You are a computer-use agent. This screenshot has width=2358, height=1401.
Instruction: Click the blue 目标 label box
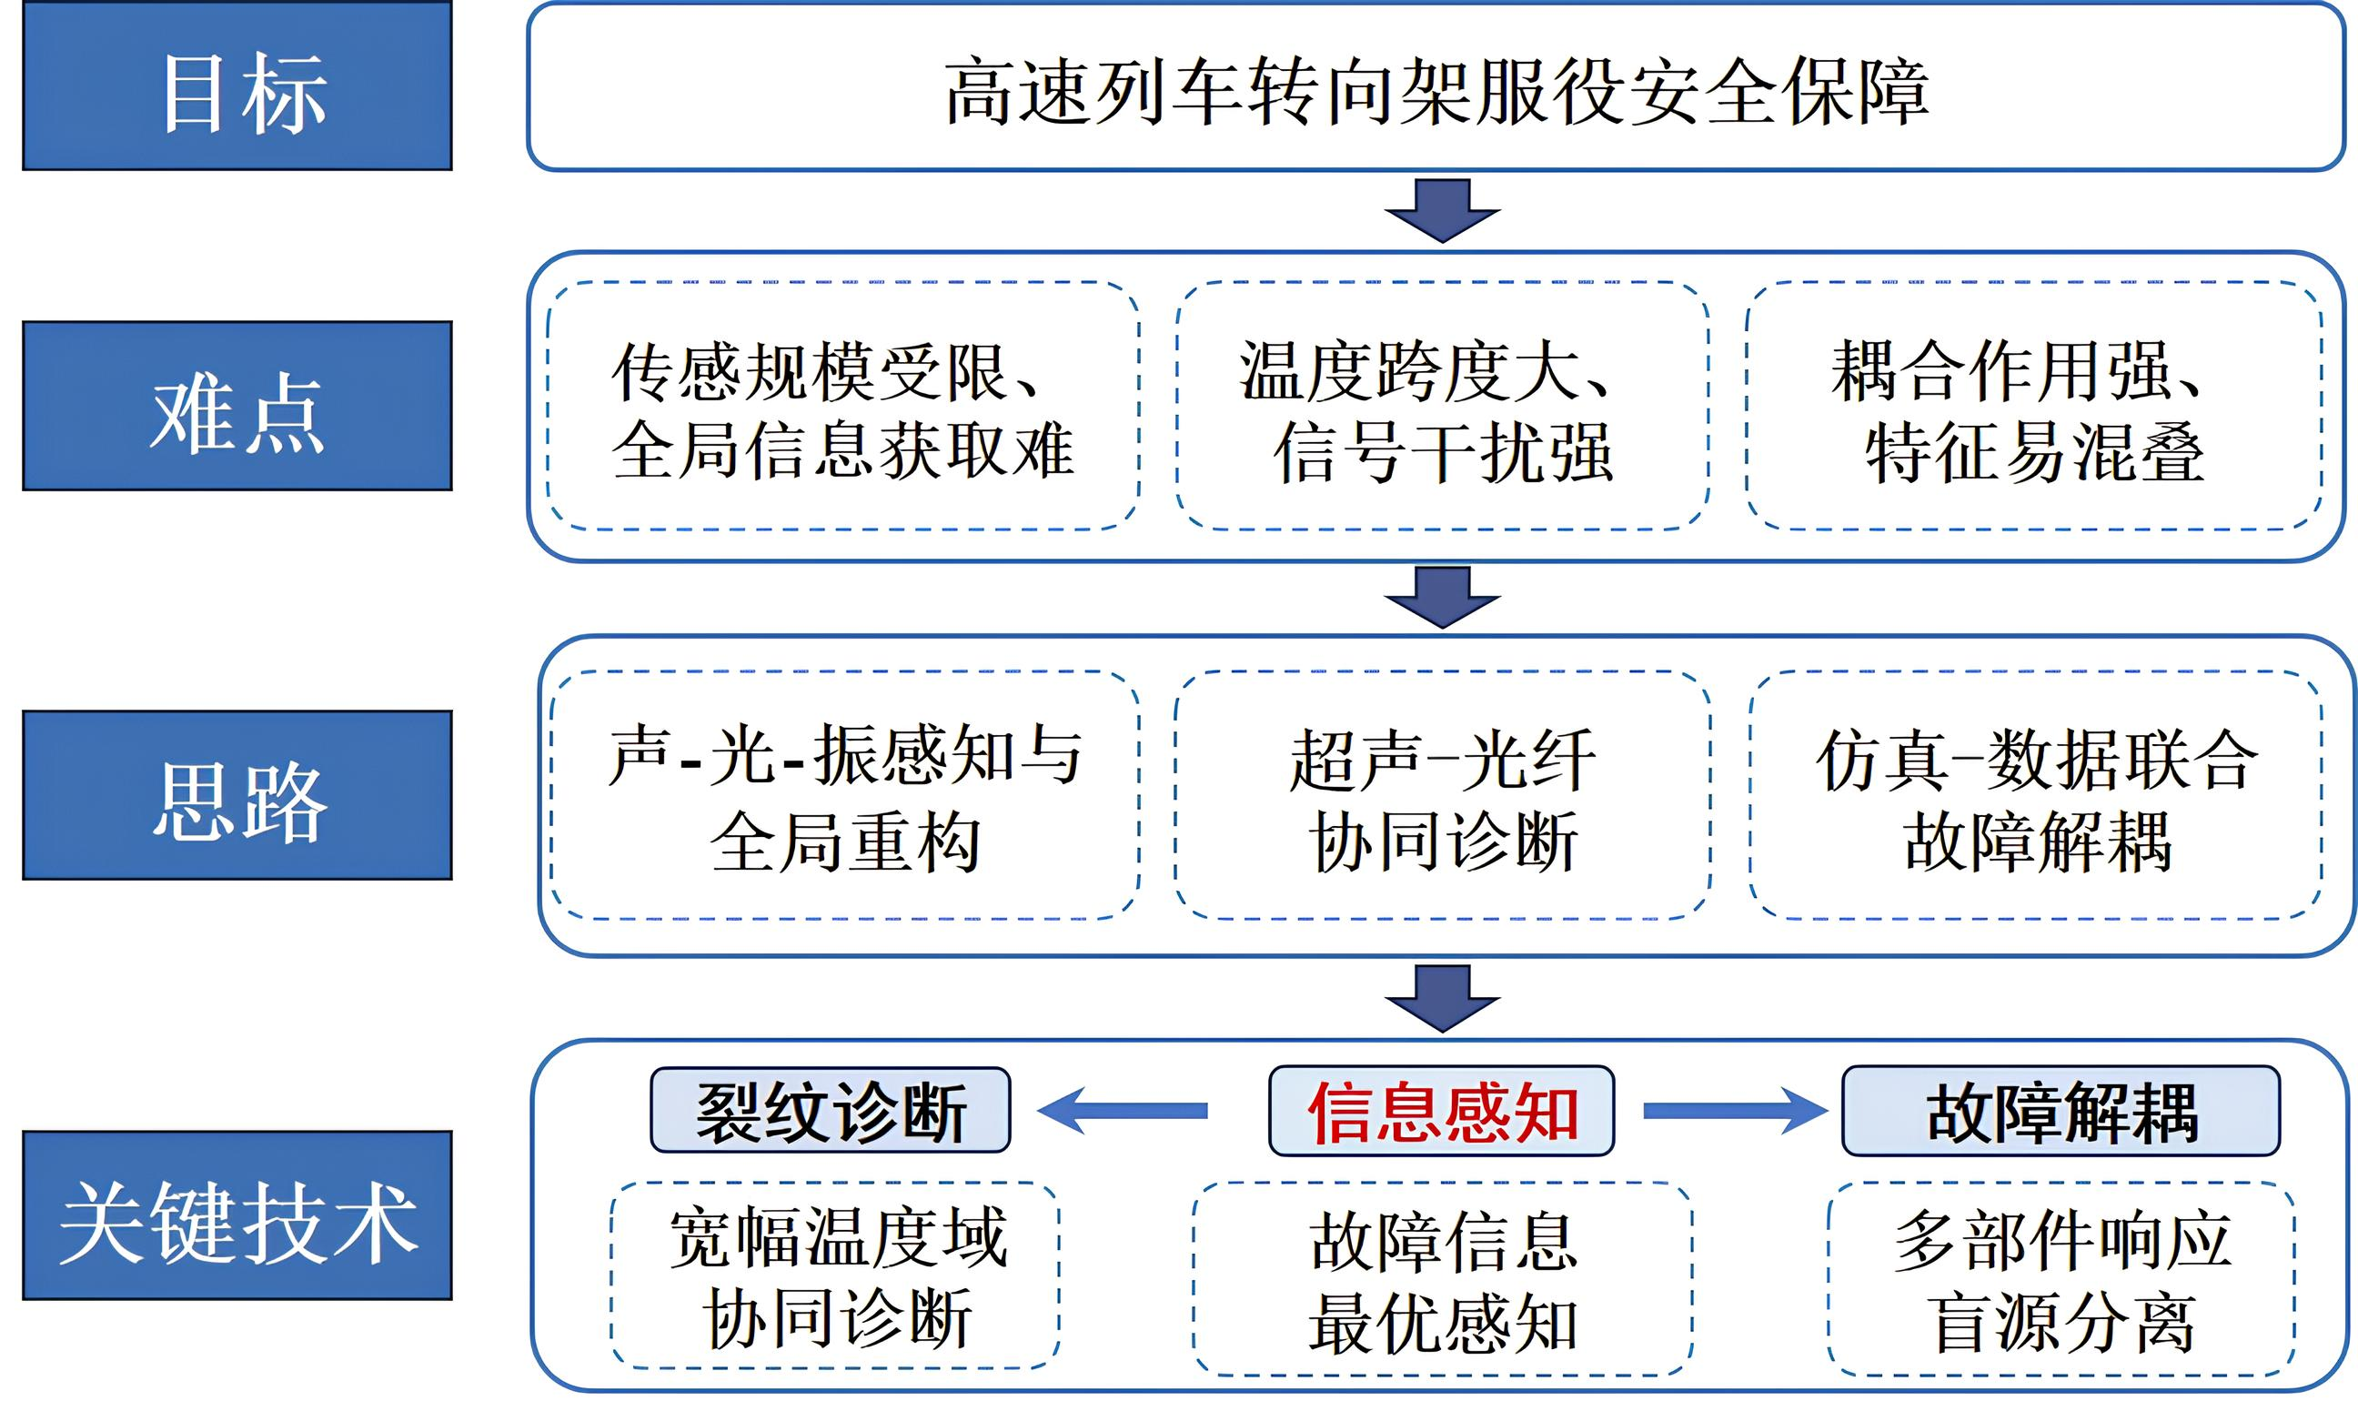click(237, 86)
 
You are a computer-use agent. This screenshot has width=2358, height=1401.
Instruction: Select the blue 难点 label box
click(237, 406)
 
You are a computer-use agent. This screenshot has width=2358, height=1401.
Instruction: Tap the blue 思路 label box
click(237, 795)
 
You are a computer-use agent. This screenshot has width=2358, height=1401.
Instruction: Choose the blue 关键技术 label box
click(237, 1215)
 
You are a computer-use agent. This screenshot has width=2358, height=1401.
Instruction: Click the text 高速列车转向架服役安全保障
click(1436, 91)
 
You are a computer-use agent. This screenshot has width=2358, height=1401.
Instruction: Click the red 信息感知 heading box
click(1441, 1111)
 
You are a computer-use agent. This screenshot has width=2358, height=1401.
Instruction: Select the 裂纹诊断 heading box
click(831, 1110)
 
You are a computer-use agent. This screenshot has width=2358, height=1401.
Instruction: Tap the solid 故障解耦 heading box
click(2061, 1111)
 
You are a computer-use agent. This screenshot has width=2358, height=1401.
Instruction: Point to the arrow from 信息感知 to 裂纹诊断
click(1123, 1110)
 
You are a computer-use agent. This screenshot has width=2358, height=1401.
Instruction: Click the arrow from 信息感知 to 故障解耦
click(1736, 1111)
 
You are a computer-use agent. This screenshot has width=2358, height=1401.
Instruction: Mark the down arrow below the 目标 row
click(1442, 210)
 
